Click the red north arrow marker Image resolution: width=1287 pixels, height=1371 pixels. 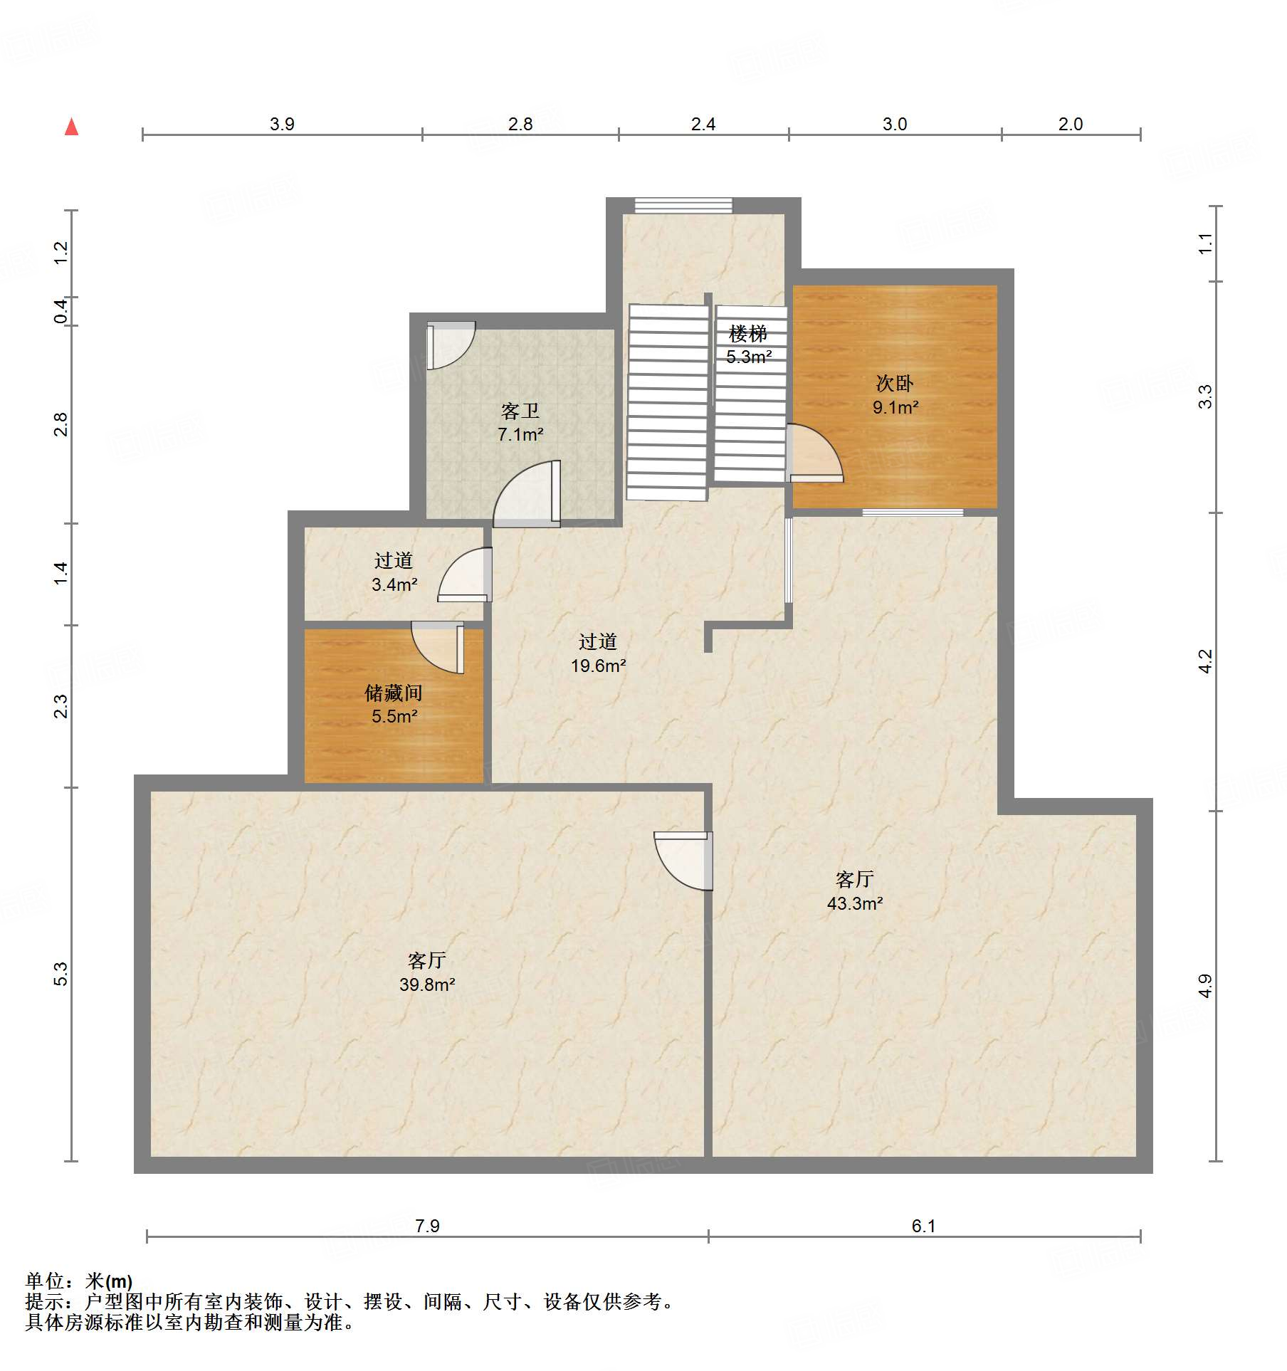point(71,127)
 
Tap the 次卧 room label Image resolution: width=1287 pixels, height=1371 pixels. point(895,384)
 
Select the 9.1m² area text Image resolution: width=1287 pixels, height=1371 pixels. point(895,407)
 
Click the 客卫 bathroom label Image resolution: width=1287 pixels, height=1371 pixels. point(520,411)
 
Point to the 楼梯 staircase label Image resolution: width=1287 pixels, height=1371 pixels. point(748,333)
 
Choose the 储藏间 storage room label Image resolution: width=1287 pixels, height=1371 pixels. point(394,693)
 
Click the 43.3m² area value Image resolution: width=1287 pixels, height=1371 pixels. point(855,903)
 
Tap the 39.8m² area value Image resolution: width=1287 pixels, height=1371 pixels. point(427,984)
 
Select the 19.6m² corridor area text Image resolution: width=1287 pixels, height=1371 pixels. point(598,666)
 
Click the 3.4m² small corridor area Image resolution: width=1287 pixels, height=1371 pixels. point(394,584)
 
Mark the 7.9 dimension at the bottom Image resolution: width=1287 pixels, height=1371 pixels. point(427,1226)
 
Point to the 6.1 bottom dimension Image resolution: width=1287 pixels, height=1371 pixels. point(923,1226)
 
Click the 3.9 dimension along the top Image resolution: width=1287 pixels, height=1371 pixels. point(282,124)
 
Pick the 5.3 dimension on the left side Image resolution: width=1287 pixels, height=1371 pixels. point(61,974)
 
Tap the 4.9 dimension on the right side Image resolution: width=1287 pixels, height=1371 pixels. point(1204,986)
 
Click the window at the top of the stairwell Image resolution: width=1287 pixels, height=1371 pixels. point(683,205)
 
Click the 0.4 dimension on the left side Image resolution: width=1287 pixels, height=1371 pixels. point(61,311)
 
